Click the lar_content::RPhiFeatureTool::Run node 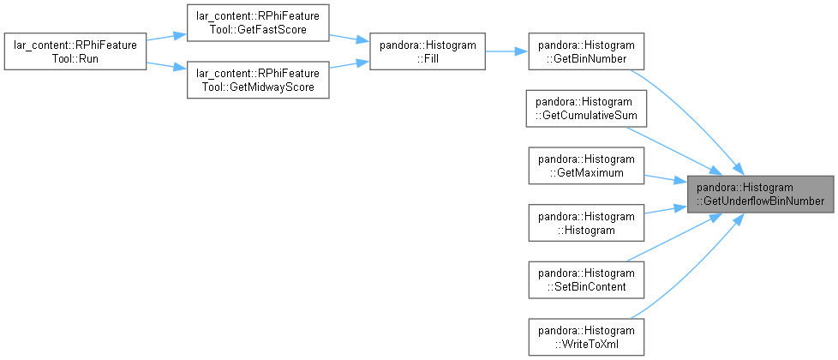pos(75,51)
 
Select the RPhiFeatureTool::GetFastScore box pos(258,22)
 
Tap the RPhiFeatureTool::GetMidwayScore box pos(258,80)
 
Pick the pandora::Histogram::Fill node pos(428,51)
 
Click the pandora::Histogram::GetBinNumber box pos(586,51)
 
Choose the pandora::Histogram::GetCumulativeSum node pos(586,109)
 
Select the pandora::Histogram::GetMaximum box pos(586,165)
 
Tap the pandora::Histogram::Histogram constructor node pos(586,223)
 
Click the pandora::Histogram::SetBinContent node pos(586,279)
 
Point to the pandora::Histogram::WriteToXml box pos(586,337)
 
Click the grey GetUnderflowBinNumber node pos(761,195)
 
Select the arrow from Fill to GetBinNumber pos(506,51)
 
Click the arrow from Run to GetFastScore pos(166,36)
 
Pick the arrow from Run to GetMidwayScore pos(166,66)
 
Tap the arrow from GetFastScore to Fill pos(349,38)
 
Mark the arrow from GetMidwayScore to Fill pos(349,65)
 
